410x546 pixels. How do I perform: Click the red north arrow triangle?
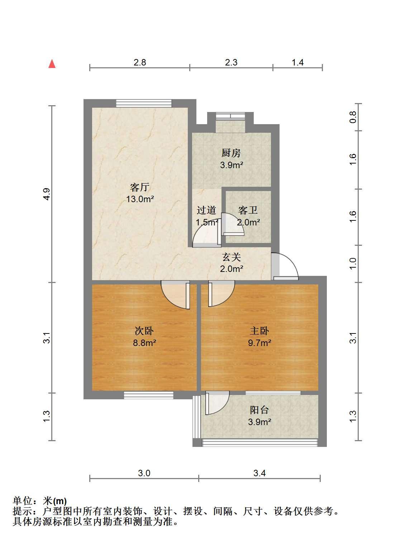click(52, 64)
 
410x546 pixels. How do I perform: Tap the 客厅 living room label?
click(140, 187)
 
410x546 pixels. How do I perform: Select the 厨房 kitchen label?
click(231, 153)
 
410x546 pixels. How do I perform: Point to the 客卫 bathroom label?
click(248, 210)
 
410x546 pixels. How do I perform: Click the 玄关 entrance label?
click(232, 257)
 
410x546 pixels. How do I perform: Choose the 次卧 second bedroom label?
click(144, 331)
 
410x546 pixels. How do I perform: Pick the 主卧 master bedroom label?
click(259, 331)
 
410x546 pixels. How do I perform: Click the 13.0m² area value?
click(140, 199)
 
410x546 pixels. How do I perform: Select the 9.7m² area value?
click(259, 343)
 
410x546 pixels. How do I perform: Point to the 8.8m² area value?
click(144, 343)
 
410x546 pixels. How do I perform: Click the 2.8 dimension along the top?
click(140, 62)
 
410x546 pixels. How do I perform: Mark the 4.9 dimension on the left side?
click(47, 194)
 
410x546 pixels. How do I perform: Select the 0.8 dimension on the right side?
click(353, 117)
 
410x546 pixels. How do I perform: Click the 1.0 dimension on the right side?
click(353, 264)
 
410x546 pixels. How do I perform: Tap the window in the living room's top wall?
click(144, 103)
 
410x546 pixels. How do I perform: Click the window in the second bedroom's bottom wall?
click(148, 395)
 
